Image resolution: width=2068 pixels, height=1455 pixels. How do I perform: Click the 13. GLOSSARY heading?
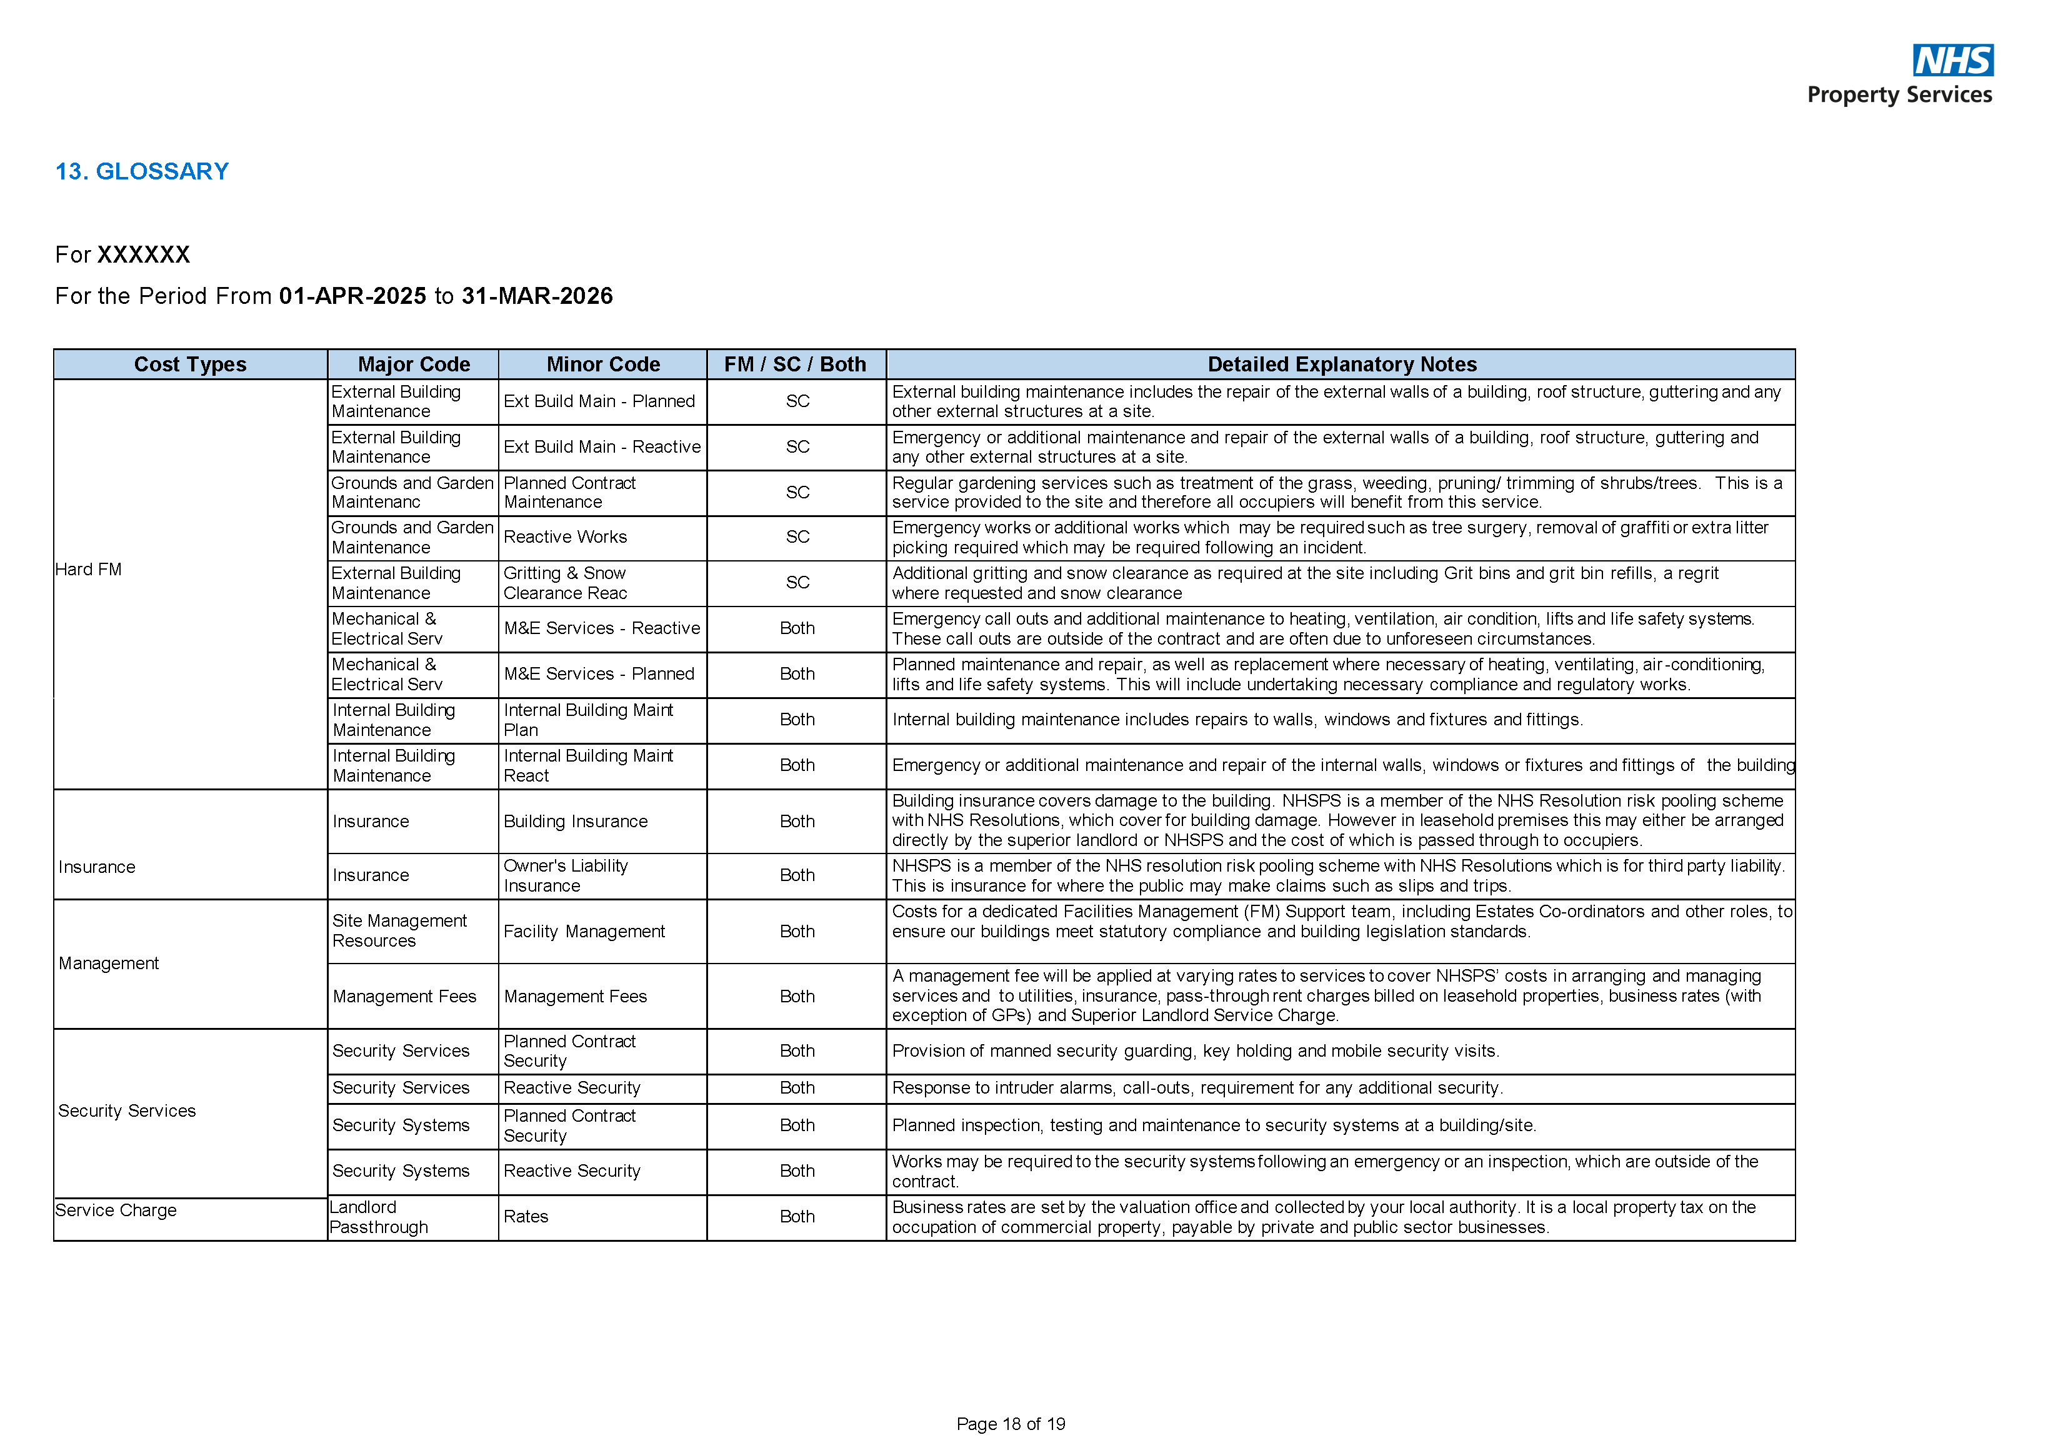tap(142, 171)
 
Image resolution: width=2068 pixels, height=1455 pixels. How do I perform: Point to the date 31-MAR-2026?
tap(537, 296)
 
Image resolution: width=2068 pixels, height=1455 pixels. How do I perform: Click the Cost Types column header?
tap(190, 364)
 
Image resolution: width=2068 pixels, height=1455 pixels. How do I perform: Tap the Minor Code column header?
tap(602, 364)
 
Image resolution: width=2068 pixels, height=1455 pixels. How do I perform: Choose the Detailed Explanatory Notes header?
tap(1341, 364)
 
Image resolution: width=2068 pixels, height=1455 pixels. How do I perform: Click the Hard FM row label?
tap(88, 570)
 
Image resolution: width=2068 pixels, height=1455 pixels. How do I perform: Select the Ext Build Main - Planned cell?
tap(599, 401)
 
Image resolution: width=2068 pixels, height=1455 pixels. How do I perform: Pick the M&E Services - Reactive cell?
tap(602, 628)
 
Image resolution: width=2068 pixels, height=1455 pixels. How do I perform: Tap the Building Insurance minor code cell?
tap(576, 821)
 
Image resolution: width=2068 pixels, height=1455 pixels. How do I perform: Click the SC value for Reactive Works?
tap(797, 537)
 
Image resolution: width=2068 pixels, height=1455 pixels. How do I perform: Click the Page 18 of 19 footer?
tap(1011, 1424)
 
